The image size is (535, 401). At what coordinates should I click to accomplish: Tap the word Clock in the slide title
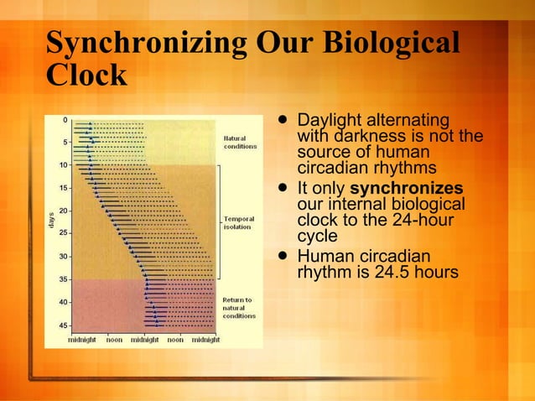(x=86, y=76)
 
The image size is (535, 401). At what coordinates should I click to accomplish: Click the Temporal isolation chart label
(x=239, y=223)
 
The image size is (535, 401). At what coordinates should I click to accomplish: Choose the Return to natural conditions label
(x=239, y=308)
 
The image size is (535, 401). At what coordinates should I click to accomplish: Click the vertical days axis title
(x=50, y=221)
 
